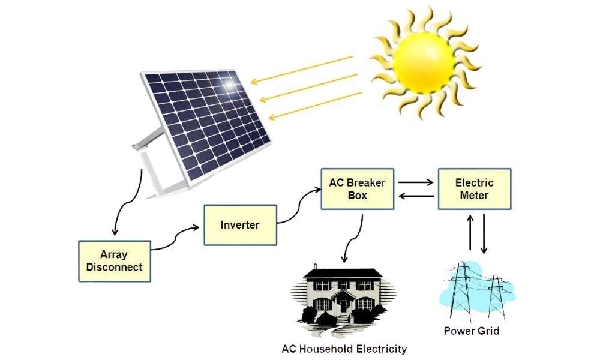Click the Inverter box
(x=240, y=225)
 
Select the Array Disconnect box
(x=114, y=261)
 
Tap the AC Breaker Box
(x=357, y=188)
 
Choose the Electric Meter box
(x=474, y=188)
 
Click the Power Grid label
(x=471, y=331)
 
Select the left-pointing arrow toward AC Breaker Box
(x=415, y=196)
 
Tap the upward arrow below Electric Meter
(x=470, y=233)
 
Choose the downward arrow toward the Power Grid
(x=484, y=233)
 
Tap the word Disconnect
(x=114, y=267)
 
